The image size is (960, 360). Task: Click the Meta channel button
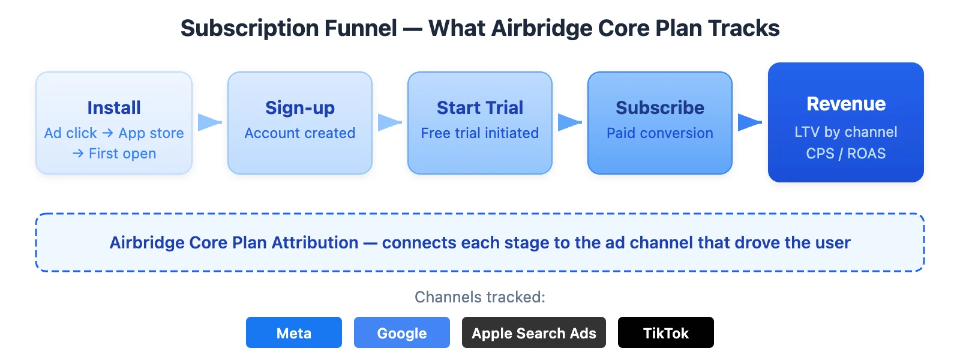[294, 333]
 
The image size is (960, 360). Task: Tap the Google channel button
[402, 333]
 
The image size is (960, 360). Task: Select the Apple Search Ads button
[534, 333]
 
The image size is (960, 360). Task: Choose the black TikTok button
[666, 333]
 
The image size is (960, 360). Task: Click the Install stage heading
[114, 107]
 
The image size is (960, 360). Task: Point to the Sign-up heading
[300, 107]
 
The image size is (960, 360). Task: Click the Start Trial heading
[480, 107]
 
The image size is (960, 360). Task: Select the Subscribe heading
[660, 107]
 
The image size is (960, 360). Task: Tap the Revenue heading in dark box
[846, 104]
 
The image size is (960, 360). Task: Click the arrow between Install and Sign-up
[209, 122]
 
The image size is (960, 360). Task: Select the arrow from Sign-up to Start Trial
[389, 122]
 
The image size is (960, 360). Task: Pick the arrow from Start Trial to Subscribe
[569, 122]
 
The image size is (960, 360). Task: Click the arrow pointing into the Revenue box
[749, 122]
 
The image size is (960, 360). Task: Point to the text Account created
[300, 133]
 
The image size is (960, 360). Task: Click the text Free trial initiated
[480, 133]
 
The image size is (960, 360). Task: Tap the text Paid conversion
[660, 133]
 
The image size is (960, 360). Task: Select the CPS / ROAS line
[846, 154]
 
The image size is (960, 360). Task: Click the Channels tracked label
[480, 297]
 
